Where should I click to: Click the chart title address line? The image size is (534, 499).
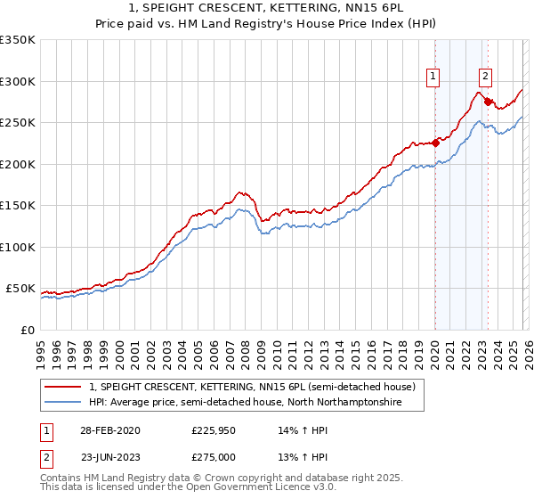266,8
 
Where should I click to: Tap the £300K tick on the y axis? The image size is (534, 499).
18,81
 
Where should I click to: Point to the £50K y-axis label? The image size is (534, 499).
20,289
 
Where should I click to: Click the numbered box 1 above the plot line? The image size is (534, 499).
433,78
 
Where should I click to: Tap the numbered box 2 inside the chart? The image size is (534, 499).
486,78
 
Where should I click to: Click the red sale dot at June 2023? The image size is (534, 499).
488,102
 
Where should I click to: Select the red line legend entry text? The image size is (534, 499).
252,388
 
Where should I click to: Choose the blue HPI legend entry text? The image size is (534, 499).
246,403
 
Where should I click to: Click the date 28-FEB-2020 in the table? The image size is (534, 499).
110,429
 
